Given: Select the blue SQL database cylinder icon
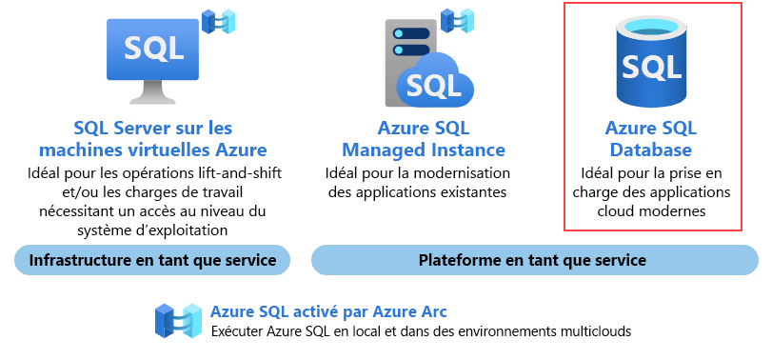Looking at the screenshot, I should coord(652,64).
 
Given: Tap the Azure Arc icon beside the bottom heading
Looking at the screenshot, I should coord(179,321).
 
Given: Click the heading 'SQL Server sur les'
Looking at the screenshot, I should coord(152,128).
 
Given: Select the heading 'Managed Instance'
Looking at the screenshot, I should coord(424,150).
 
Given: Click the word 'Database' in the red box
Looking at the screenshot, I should coord(652,150).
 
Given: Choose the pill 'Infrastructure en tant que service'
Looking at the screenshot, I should coord(152,260).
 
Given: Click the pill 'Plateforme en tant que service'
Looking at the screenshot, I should coord(533,260).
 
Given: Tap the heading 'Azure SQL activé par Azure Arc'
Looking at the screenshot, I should coord(328,311).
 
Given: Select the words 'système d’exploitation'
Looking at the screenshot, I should coord(152,230).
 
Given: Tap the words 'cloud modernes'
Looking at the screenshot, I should coord(652,211).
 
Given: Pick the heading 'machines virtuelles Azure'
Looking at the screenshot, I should coord(152,150).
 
